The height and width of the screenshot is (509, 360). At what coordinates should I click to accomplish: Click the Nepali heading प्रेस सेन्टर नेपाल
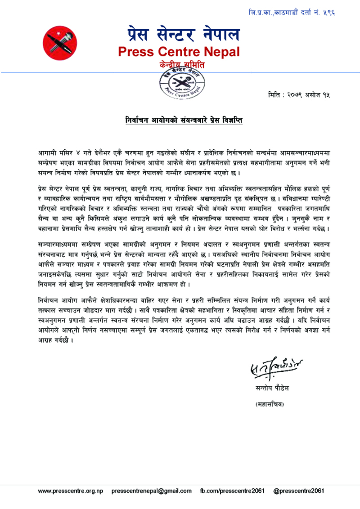[x=182, y=34]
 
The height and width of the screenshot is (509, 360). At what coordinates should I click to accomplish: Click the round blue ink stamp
[x=180, y=83]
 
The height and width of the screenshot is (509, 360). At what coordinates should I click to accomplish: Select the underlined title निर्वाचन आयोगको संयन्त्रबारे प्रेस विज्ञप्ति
[x=184, y=121]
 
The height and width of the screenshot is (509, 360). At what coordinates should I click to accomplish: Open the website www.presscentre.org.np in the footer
[x=71, y=491]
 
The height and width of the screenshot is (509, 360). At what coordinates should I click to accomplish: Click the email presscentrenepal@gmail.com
[x=151, y=491]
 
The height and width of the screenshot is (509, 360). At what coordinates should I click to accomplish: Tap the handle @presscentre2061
[x=298, y=491]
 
